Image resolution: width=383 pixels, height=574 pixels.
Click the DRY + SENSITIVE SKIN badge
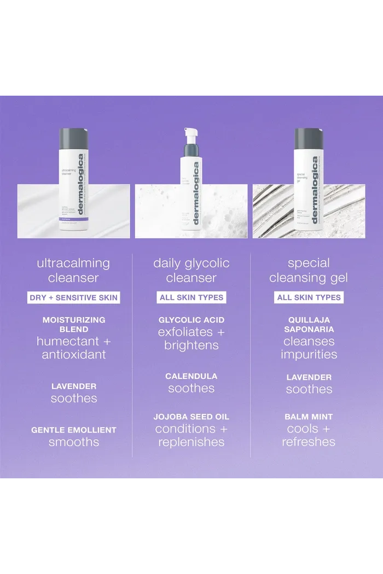[73, 298]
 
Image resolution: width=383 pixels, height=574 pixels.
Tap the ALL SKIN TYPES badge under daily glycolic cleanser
[191, 298]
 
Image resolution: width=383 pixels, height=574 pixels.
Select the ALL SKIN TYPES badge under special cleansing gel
[309, 298]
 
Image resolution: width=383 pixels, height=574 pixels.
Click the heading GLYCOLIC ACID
[191, 320]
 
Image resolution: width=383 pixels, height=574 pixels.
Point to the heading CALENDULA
[191, 376]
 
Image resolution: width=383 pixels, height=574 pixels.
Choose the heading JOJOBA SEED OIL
[191, 417]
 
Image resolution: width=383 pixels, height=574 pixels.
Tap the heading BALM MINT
[309, 417]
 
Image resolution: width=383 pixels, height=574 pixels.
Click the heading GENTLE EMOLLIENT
[73, 430]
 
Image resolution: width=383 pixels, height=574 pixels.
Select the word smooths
[73, 442]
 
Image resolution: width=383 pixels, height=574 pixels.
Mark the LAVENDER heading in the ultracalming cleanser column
[73, 386]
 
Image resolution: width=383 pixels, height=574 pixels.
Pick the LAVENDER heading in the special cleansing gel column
[309, 377]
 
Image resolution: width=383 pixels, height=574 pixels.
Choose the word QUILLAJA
[309, 320]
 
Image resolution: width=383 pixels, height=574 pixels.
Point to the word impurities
[309, 354]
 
